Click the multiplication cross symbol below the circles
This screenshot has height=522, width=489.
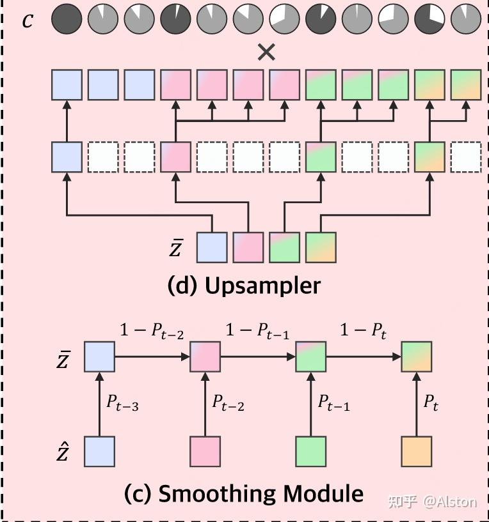[x=266, y=52]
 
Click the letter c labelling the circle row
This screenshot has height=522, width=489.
[x=28, y=20]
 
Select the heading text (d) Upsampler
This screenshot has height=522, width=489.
[x=244, y=286]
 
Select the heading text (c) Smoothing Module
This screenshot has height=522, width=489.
[x=244, y=493]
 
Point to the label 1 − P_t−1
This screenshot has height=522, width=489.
[x=256, y=332]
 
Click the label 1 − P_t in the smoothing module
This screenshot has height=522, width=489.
[x=363, y=332]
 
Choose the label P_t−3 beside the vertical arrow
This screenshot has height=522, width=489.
[x=122, y=404]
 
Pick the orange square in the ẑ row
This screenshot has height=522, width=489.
[x=416, y=452]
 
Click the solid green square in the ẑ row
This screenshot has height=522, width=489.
[x=310, y=452]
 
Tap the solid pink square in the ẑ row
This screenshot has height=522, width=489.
[x=205, y=452]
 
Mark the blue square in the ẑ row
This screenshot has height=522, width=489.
[x=99, y=452]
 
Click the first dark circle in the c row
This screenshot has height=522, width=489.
[x=67, y=20]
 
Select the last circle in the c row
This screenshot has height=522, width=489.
[x=465, y=20]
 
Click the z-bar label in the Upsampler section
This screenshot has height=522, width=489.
[x=176, y=248]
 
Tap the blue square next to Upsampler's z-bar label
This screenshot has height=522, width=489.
[x=211, y=247]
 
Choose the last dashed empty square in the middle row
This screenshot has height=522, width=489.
[x=465, y=157]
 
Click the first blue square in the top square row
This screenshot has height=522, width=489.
[x=67, y=85]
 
